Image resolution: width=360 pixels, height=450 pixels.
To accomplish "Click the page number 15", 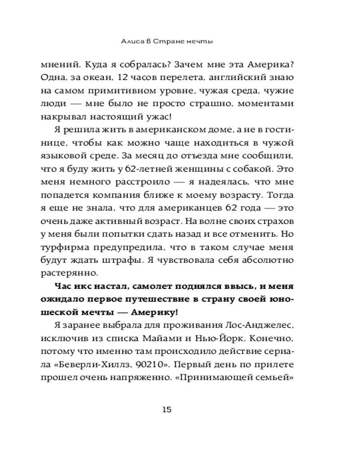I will pos(166,409).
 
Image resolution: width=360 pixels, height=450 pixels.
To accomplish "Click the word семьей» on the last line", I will pos(276,378).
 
